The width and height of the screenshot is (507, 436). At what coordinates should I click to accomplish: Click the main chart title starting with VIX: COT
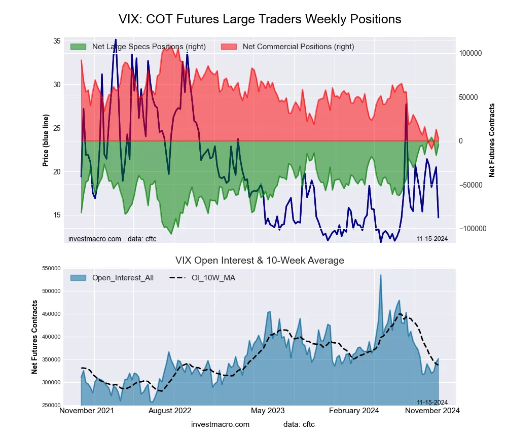tap(260, 19)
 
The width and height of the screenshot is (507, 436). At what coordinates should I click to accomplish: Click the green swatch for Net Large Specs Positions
tap(78, 47)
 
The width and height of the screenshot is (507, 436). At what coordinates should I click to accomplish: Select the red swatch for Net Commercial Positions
tap(229, 47)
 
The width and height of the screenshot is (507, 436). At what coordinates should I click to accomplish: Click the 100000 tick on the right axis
tap(470, 53)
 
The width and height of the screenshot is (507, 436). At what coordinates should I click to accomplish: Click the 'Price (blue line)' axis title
tap(46, 140)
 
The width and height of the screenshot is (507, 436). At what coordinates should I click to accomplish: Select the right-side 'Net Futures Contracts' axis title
tap(492, 140)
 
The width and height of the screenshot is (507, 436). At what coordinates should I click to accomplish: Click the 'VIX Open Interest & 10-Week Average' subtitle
tap(260, 261)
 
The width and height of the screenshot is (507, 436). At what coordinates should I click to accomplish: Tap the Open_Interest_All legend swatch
tap(78, 278)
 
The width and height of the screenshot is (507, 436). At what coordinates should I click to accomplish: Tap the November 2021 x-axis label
tap(87, 410)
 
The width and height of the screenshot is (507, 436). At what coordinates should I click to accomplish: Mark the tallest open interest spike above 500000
tap(381, 275)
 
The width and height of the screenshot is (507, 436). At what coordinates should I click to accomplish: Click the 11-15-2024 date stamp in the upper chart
tap(432, 239)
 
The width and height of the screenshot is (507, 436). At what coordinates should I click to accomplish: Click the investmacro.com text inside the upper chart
tap(95, 239)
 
